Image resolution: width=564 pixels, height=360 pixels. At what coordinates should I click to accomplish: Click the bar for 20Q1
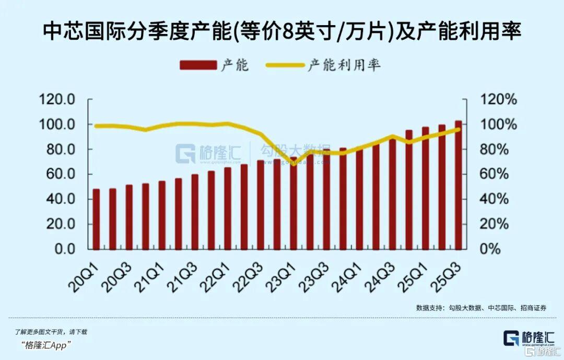[x=96, y=219]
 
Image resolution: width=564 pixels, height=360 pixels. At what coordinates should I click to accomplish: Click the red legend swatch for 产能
[x=198, y=65]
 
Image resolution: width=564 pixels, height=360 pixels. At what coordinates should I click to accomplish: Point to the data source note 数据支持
[x=429, y=308]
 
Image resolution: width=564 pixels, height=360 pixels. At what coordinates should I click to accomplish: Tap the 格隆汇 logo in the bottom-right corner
[x=527, y=338]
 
